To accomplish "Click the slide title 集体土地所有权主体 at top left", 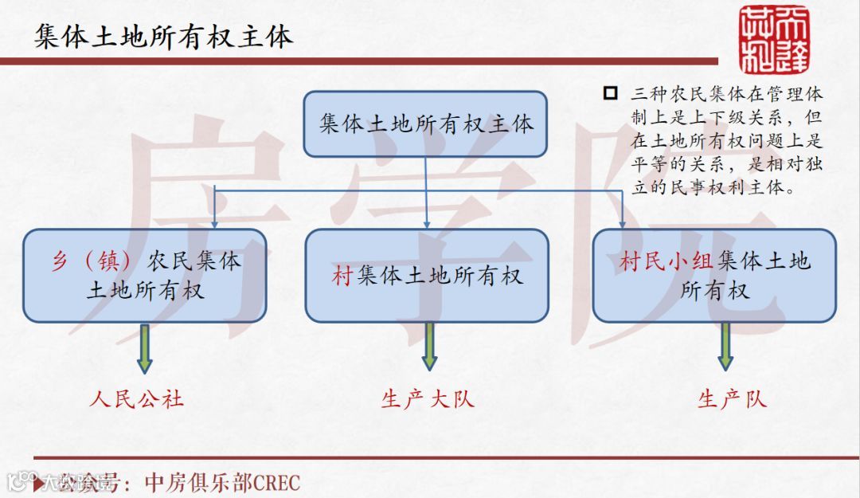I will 164,37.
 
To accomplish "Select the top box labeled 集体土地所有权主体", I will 425,124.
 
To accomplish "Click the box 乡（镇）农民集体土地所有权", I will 145,276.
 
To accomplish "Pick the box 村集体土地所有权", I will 427,276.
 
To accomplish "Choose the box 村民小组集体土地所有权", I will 714,276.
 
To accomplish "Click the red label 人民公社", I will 137,398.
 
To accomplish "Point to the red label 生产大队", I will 428,398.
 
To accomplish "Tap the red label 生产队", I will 732,398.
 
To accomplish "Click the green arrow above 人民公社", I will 144,347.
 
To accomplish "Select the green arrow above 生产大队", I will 429,347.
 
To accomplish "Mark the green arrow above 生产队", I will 725,347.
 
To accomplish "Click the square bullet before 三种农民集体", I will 611,93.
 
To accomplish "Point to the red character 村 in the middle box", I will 342,276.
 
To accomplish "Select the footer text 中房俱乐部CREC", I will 222,482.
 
